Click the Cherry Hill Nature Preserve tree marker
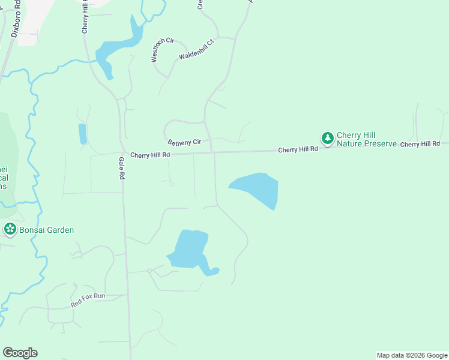(x=327, y=139)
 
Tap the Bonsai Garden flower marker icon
(x=10, y=229)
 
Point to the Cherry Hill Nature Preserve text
(x=366, y=139)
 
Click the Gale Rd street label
(x=121, y=169)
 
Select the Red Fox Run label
(x=88, y=300)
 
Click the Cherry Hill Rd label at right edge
(x=420, y=144)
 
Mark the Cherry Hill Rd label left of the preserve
(x=297, y=149)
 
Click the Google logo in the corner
(x=20, y=353)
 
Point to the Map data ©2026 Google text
(x=412, y=355)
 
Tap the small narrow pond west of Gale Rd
(x=82, y=133)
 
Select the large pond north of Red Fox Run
(x=190, y=249)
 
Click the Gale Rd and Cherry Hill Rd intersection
(x=122, y=154)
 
